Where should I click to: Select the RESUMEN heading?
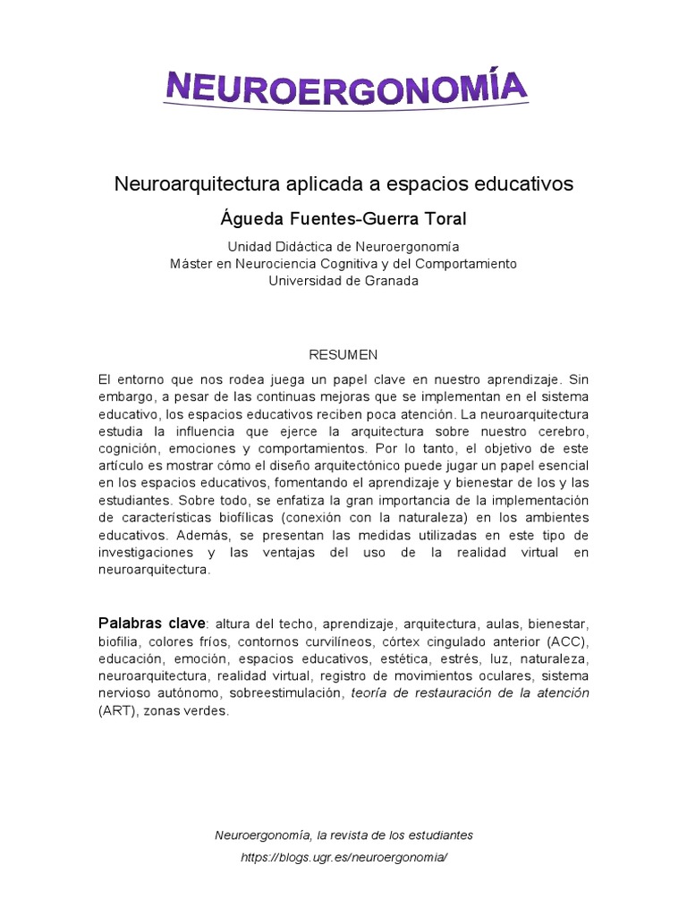click(343, 354)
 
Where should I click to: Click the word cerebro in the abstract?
click(562, 432)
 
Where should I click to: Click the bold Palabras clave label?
click(151, 623)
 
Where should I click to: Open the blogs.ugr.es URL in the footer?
click(343, 857)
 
